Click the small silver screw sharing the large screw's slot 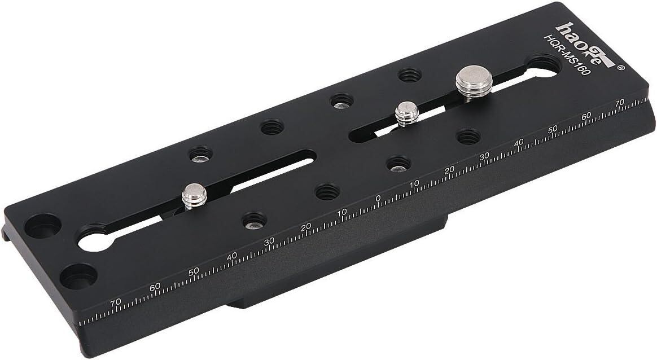point(407,113)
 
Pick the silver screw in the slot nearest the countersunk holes point(194,196)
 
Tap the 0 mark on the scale point(378,198)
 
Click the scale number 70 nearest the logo point(620,102)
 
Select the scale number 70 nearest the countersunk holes point(115,302)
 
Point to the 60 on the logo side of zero point(586,115)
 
